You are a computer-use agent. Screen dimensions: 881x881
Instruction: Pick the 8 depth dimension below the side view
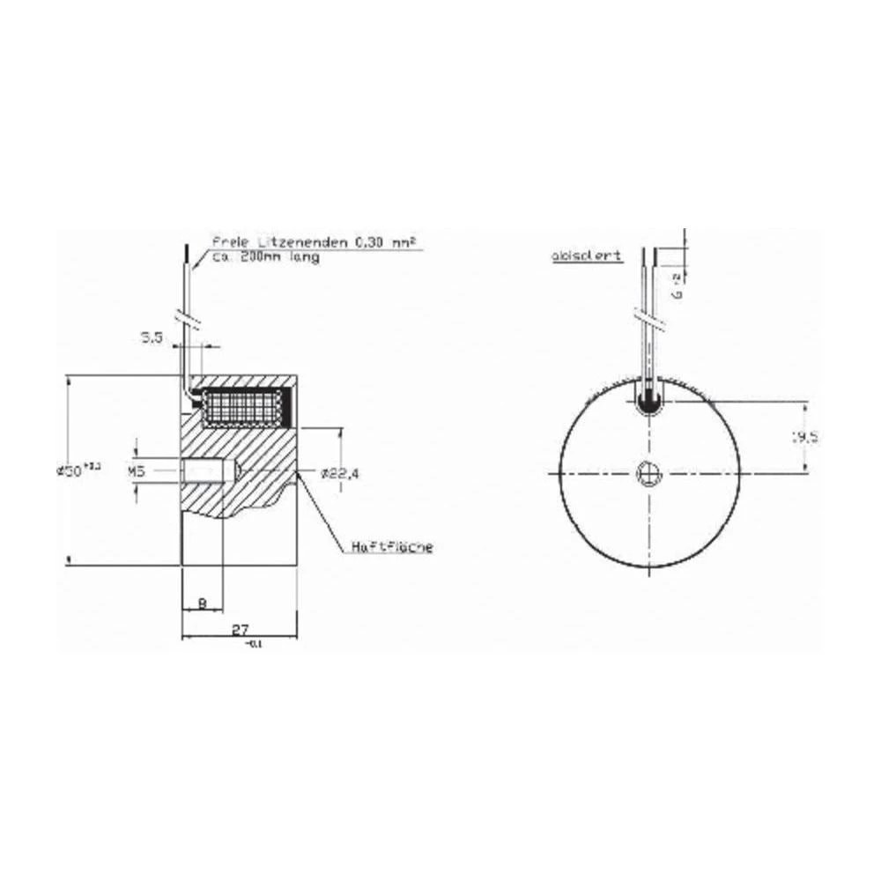[202, 603]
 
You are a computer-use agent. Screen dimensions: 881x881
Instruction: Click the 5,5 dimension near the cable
[152, 337]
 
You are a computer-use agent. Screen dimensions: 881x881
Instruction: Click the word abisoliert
[587, 255]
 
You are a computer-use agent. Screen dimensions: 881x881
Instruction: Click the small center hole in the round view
[649, 473]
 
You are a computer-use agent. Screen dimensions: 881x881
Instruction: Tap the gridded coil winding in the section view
[240, 409]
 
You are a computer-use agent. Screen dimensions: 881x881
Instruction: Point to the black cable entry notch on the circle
[649, 401]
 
